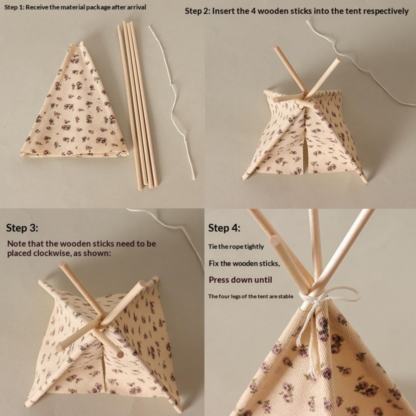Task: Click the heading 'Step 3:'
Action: coord(22,228)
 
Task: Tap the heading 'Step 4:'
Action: coord(224,228)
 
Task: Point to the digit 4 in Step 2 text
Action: coord(253,11)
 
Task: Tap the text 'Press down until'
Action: coord(240,280)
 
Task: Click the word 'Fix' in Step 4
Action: coord(213,263)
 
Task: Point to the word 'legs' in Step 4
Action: coord(236,297)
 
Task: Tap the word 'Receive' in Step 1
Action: coord(37,7)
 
